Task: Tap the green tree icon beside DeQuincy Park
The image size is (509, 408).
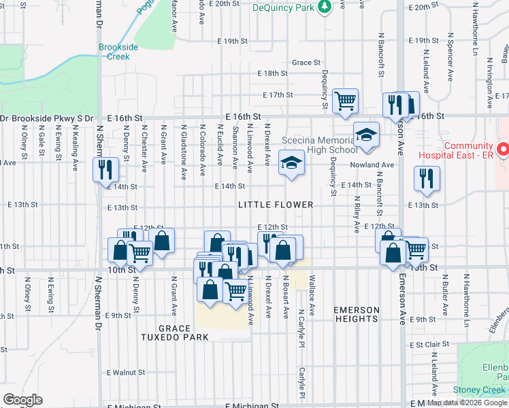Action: coord(325,6)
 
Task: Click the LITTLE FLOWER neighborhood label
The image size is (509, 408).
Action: coord(276,205)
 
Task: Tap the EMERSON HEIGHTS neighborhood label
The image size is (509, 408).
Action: coord(356,314)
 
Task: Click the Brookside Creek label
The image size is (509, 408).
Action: coord(118,52)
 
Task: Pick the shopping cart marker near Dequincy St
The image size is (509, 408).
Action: coord(346,101)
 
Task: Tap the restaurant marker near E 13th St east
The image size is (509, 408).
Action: coord(427,177)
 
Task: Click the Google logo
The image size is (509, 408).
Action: coord(22,401)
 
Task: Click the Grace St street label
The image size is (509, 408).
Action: coord(306,63)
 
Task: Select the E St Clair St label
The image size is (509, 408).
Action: coord(427,345)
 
